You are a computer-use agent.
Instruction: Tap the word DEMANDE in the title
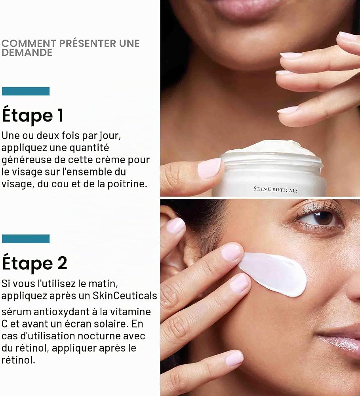pyautogui.click(x=27, y=53)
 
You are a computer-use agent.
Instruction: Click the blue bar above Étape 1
pyautogui.click(x=25, y=91)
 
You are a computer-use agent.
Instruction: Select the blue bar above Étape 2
pyautogui.click(x=25, y=239)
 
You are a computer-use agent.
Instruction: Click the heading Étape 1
pyautogui.click(x=32, y=115)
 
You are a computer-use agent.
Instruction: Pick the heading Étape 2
pyautogui.click(x=34, y=263)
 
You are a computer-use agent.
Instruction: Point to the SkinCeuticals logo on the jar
pyautogui.click(x=276, y=189)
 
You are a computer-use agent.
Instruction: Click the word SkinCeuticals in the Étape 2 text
pyautogui.click(x=125, y=295)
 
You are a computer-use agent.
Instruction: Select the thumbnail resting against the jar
pyautogui.click(x=209, y=168)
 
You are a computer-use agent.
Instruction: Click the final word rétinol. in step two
pyautogui.click(x=18, y=360)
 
